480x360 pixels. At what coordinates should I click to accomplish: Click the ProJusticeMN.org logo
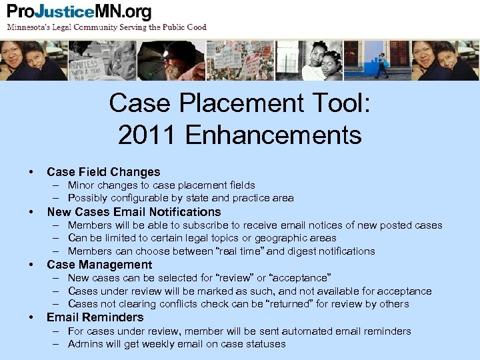tap(79, 13)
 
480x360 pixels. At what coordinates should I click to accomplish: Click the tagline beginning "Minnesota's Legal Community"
tap(107, 27)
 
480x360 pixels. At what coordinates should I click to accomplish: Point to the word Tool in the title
tap(329, 103)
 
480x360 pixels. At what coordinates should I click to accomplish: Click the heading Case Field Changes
tap(103, 172)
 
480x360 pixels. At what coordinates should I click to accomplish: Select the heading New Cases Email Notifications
tap(133, 212)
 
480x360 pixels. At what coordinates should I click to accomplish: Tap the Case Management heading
tap(99, 265)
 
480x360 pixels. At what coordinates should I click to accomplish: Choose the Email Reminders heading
tap(95, 317)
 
